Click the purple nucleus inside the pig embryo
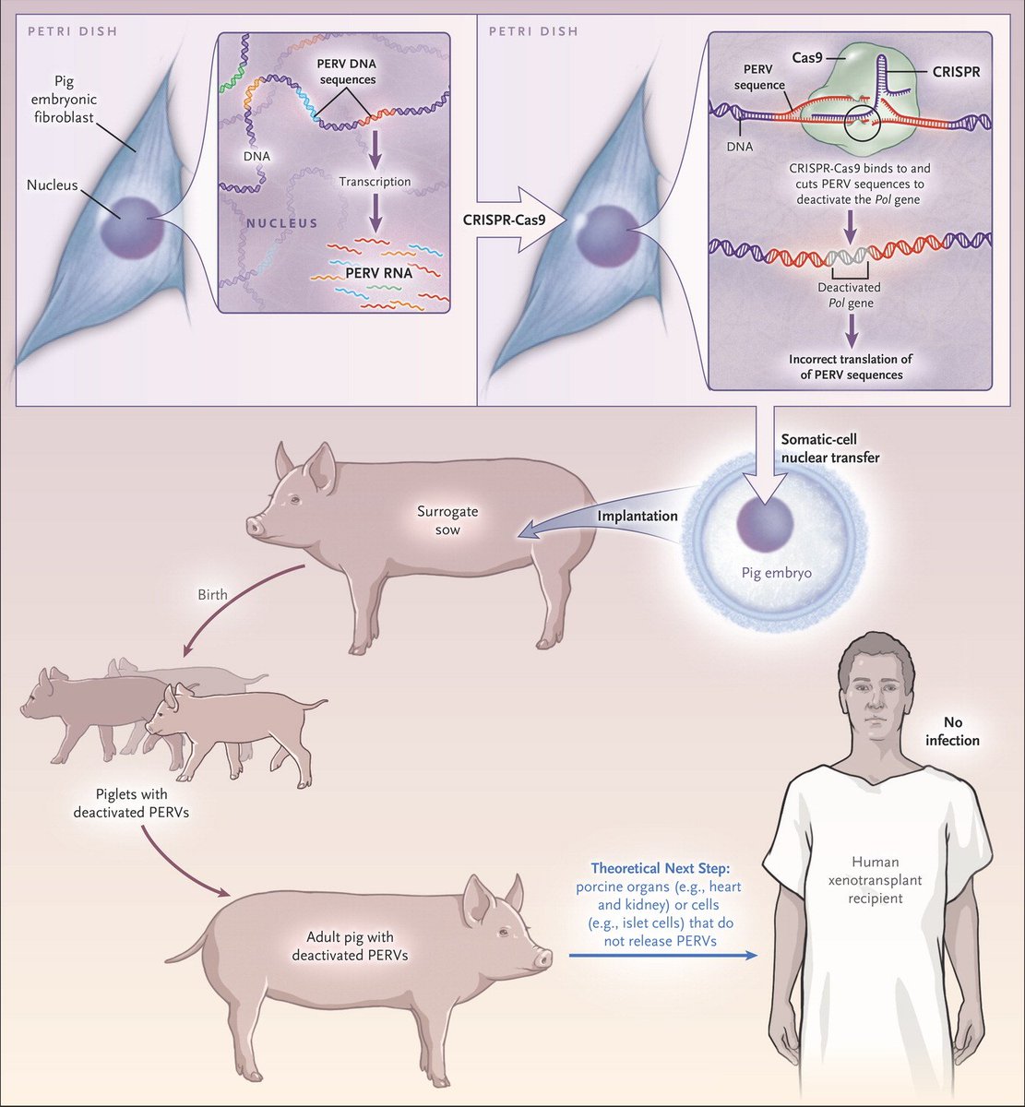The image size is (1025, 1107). click(765, 524)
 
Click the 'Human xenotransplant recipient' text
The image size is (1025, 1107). click(876, 880)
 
